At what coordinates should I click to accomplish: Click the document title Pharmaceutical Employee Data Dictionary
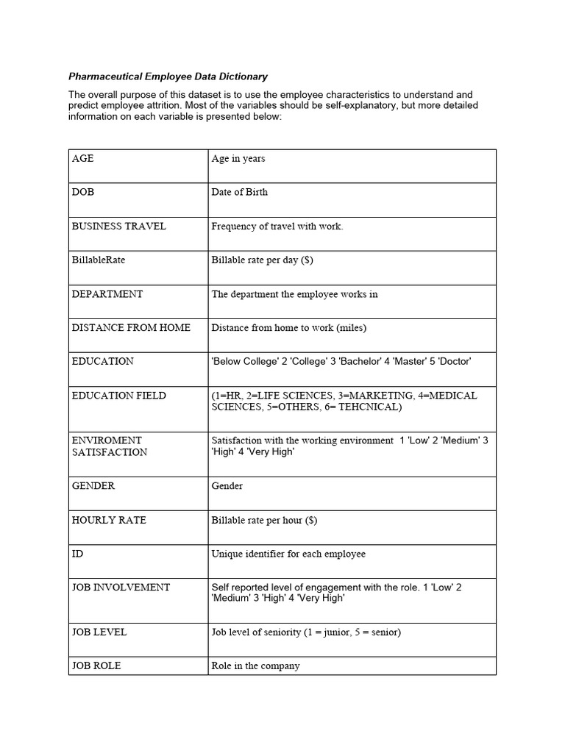(168, 76)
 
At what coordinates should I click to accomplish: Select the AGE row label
(82, 158)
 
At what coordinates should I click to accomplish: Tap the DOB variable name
(82, 192)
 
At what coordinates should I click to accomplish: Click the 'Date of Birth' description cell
(239, 192)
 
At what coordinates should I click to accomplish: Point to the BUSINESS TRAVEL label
(118, 226)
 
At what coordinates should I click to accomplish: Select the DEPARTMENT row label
(107, 293)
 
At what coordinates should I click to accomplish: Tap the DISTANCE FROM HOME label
(130, 327)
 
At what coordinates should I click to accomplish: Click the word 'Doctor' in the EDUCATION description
(454, 361)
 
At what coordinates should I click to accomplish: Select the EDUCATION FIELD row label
(118, 395)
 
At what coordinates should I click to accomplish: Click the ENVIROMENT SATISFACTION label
(109, 446)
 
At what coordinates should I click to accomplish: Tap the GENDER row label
(93, 486)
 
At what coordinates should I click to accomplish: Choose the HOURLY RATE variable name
(109, 520)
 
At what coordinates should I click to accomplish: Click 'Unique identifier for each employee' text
(288, 554)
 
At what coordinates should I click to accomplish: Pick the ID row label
(77, 554)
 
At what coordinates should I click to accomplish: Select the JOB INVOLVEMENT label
(121, 587)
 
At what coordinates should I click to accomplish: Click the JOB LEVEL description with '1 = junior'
(305, 632)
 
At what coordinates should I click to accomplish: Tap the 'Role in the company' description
(255, 665)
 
